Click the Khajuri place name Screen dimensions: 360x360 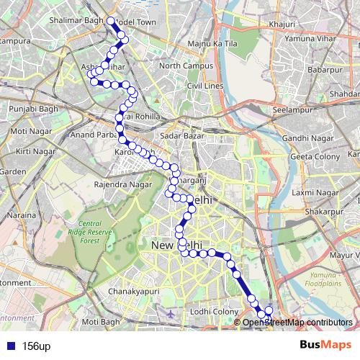(x=282, y=24)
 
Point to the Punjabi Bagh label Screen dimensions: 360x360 (x=30, y=109)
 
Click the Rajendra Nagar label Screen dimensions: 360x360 (x=122, y=184)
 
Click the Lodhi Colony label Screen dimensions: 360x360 (x=215, y=310)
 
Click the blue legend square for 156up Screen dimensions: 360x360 (x=8, y=346)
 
